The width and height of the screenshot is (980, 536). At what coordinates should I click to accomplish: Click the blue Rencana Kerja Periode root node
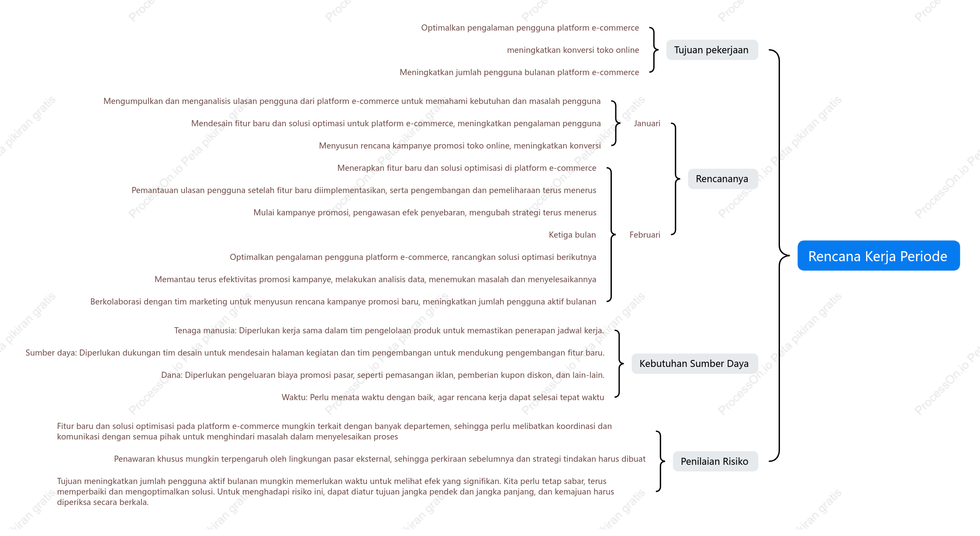pos(878,256)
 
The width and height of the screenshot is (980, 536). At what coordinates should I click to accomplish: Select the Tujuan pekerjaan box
pos(712,50)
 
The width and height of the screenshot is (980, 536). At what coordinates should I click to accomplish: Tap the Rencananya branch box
pos(723,179)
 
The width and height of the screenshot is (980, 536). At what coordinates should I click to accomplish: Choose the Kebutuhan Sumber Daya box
pos(694,363)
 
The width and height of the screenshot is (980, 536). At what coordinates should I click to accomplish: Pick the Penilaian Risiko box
pos(715,461)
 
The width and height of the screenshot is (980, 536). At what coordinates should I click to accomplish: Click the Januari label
pos(647,124)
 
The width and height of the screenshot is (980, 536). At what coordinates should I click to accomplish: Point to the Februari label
pos(645,235)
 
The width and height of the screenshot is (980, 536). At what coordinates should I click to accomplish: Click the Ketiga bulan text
pos(572,235)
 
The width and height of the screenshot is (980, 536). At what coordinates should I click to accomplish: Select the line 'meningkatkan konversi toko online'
pos(573,50)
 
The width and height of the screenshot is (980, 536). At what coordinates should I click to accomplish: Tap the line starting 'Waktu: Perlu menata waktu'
pos(443,398)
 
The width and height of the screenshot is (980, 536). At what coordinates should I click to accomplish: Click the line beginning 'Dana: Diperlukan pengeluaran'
pos(383,375)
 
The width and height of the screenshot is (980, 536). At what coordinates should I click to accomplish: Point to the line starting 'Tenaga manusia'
pos(389,331)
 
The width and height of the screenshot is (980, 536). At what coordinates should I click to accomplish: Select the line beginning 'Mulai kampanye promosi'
pos(425,213)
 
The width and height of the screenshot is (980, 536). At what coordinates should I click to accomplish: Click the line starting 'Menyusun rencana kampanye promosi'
pos(460,146)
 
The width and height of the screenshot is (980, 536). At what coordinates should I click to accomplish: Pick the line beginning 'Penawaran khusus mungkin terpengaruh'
pos(380,459)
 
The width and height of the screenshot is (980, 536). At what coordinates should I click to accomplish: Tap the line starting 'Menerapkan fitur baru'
pos(467,168)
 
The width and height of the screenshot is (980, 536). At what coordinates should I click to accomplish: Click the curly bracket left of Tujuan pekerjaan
pos(654,50)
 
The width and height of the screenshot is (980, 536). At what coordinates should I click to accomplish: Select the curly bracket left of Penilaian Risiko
pos(660,461)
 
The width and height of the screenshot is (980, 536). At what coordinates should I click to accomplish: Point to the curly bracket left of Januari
pos(616,123)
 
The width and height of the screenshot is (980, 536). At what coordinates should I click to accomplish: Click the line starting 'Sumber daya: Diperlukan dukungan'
pos(315,353)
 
